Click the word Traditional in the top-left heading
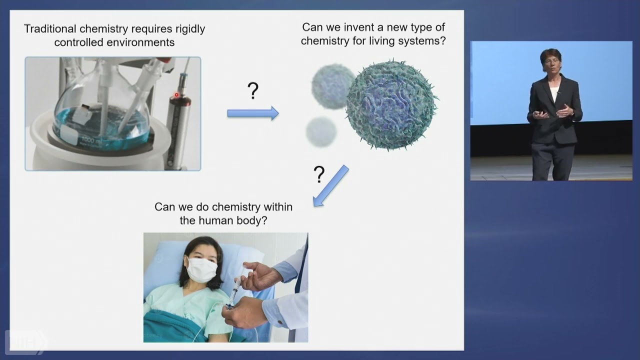click(x=50, y=29)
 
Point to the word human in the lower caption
click(x=215, y=220)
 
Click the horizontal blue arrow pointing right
click(x=252, y=113)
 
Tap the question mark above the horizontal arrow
click(x=253, y=91)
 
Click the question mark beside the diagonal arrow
click(x=319, y=174)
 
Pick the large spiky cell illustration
click(x=391, y=104)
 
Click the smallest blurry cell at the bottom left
click(x=321, y=132)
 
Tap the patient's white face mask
click(x=201, y=270)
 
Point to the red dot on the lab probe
click(x=176, y=95)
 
